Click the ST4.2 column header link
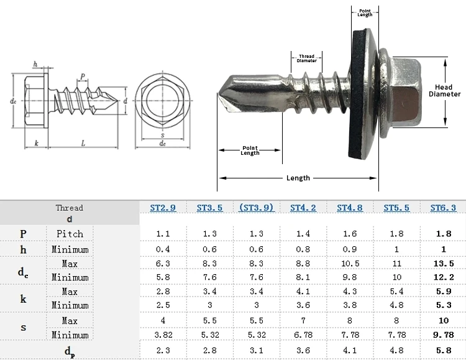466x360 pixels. (303, 208)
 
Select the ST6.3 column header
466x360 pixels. (443, 208)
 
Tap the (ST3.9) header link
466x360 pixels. (256, 208)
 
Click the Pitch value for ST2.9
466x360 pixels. (163, 234)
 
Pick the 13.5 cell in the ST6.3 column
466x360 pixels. (444, 264)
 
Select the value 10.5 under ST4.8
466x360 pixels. (350, 264)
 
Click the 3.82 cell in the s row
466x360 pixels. (163, 335)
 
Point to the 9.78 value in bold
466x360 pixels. (444, 335)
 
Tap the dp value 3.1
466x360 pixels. (256, 351)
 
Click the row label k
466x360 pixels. (23, 298)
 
